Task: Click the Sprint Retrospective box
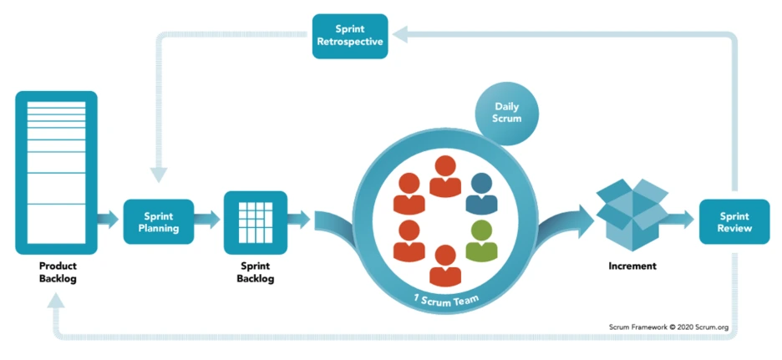pos(350,36)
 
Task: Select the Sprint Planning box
pos(159,222)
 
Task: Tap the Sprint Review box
pos(734,222)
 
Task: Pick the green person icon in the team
pos(481,241)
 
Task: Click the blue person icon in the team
pos(481,194)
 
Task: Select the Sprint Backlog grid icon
pos(256,222)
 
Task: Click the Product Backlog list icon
pos(56,173)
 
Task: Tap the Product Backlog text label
pos(58,272)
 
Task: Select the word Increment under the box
pos(632,266)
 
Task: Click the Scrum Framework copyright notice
pos(668,327)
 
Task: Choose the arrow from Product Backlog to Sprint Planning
pos(108,219)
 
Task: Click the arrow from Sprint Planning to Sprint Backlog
pos(206,219)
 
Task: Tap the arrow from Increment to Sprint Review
pos(681,219)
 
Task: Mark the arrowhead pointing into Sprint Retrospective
pos(400,35)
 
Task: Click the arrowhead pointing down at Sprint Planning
pos(159,175)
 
